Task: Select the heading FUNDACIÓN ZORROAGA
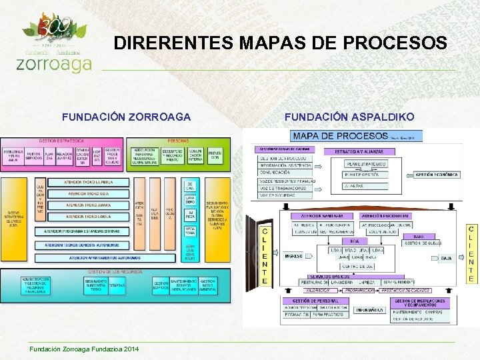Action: point(126,117)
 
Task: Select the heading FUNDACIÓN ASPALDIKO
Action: point(349,117)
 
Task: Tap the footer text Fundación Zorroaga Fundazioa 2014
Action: point(83,350)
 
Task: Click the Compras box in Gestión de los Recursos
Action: point(117,285)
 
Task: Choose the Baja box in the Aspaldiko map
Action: point(446,257)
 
